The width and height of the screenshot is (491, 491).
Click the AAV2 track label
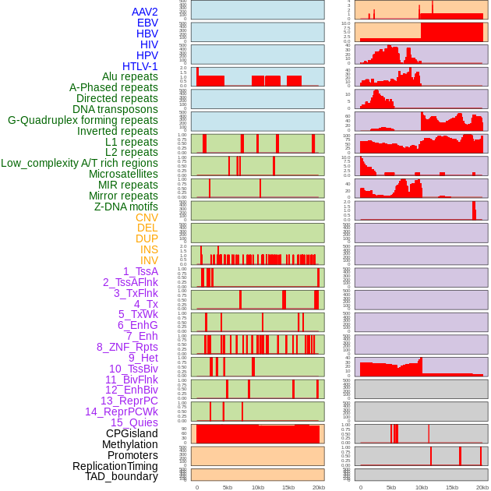pos(145,12)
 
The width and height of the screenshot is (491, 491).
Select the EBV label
pos(147,23)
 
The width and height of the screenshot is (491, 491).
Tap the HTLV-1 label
pos(140,66)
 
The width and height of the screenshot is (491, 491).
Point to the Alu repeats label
pos(130,76)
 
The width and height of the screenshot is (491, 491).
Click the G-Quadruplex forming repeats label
pos(83,120)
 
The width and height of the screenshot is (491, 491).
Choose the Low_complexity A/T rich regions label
pos(79,163)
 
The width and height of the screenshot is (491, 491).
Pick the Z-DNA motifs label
pos(126,207)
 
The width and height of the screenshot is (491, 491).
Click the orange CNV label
pos(147,217)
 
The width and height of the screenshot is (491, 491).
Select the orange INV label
pos(149,260)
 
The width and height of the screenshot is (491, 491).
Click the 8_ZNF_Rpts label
pos(127,347)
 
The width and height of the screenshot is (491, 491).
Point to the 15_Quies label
pos(134,422)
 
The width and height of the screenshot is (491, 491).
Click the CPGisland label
pos(132,433)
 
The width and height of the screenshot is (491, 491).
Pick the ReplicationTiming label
pos(115,466)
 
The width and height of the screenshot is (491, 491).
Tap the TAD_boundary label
pos(122,476)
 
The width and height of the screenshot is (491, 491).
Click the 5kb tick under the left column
pos(228,487)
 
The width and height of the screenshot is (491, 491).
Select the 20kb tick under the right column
pos(482,487)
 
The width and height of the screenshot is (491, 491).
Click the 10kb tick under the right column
pos(422,487)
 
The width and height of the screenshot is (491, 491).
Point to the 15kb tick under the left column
pos(288,487)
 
